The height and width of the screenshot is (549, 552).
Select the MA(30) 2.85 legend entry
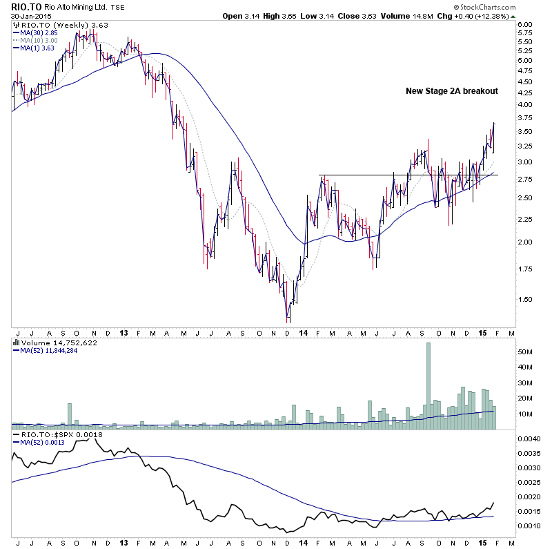(x=37, y=32)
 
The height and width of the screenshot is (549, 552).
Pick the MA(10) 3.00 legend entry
(x=37, y=40)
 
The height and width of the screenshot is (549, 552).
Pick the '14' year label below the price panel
(x=304, y=332)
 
